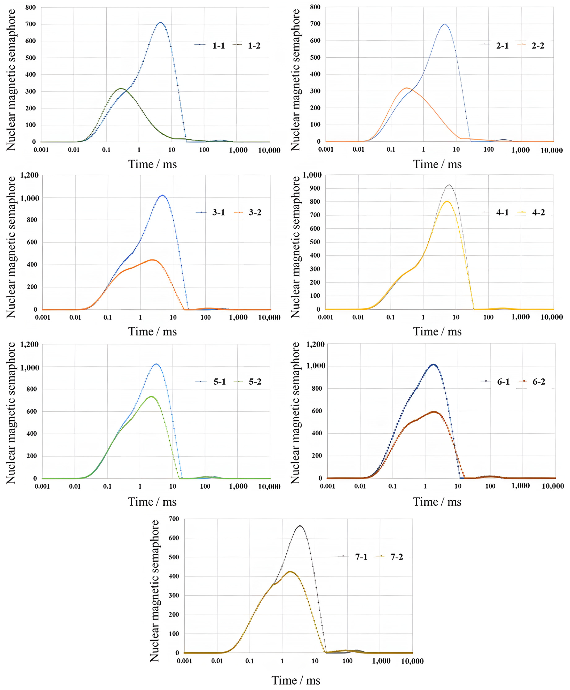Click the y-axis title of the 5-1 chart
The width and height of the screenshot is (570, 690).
pyautogui.click(x=11, y=413)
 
